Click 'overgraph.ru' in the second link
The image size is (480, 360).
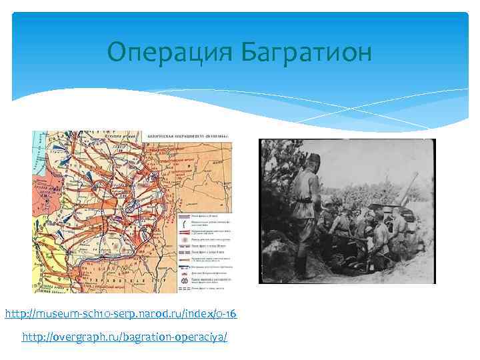click(90, 337)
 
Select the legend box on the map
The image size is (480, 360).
click(207, 247)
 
